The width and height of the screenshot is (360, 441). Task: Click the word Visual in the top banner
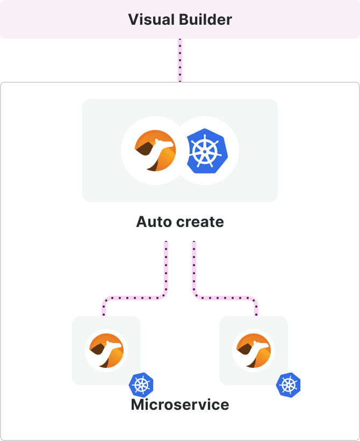pos(149,20)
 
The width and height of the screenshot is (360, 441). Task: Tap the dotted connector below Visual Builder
pos(180,60)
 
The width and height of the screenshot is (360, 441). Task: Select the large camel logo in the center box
pos(155,151)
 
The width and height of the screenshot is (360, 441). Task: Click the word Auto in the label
pos(153,222)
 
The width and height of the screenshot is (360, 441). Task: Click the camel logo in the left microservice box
pos(106,351)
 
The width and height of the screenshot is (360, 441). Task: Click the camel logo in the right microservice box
pos(254,351)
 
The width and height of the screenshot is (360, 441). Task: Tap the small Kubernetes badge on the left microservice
pos(141,385)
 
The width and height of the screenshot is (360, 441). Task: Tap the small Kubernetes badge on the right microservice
pos(289,385)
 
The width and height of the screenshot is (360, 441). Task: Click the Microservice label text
pos(180,404)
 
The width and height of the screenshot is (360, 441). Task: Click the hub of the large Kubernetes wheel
pos(205,151)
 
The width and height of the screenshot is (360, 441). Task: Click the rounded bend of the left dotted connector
pos(161,294)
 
